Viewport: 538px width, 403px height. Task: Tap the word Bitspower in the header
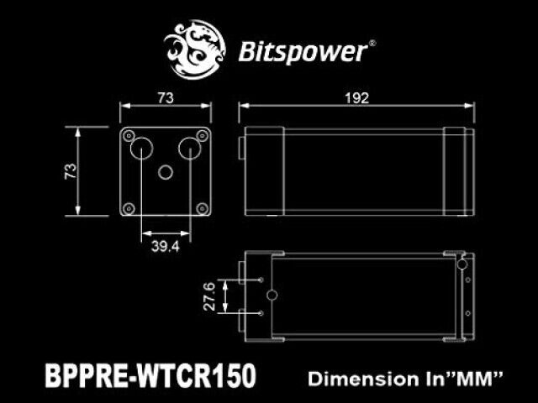[x=303, y=52]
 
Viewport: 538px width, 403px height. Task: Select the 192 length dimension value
[x=356, y=98]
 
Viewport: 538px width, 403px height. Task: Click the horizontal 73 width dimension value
[x=166, y=98]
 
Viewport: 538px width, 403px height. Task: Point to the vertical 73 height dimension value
[x=71, y=171]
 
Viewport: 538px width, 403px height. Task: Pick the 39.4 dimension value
[x=166, y=246]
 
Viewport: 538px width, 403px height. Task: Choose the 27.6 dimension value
[x=209, y=296]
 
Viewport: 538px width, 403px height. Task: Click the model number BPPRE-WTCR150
[x=150, y=375]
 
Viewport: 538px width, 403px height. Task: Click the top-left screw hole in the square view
[x=129, y=136]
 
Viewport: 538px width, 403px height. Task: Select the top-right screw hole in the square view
[x=202, y=136]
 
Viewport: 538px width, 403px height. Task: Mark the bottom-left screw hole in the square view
[x=129, y=207]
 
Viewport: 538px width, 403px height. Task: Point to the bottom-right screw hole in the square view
[x=202, y=207]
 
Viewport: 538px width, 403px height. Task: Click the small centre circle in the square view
[x=166, y=172]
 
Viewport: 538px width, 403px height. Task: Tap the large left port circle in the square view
[x=141, y=149]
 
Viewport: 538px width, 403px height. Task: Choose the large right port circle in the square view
[x=190, y=149]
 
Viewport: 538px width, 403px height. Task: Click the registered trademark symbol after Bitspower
[x=372, y=44]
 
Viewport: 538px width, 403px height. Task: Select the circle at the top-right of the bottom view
[x=462, y=264]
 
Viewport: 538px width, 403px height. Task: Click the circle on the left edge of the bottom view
[x=272, y=296]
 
